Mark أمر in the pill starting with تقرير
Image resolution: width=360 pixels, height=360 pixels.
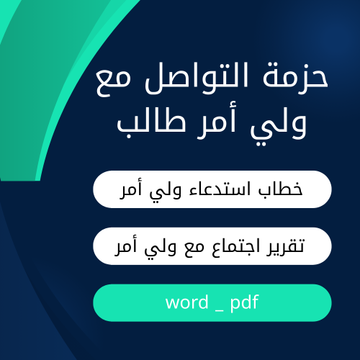click(x=117, y=247)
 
